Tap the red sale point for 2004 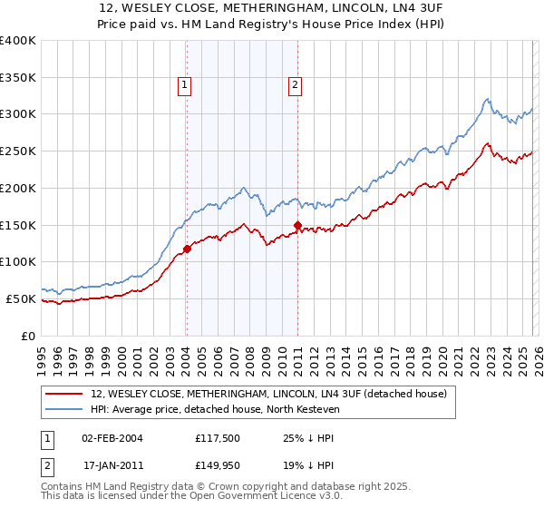[187, 249]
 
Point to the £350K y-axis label [18, 77]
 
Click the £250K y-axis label [18, 151]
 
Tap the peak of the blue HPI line [487, 98]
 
